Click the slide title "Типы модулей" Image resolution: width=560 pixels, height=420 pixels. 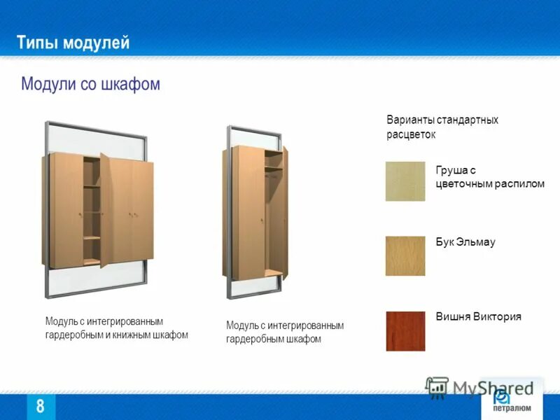pos(73,43)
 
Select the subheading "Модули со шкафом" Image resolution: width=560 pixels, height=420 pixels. pos(90,85)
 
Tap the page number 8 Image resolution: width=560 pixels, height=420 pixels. pos(40,406)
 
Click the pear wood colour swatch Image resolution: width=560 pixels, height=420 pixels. pos(405,181)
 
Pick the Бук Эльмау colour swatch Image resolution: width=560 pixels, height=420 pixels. pos(405,255)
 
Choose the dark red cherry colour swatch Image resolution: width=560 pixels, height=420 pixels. pos(405,330)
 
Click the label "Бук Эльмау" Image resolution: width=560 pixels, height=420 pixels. pos(465,242)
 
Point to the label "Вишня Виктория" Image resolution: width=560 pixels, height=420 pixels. pos(478,316)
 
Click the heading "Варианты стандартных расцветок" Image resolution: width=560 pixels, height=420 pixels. pos(442,127)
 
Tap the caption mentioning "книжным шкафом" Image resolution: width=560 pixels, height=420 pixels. pos(117,328)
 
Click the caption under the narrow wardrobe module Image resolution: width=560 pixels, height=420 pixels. pos(285,332)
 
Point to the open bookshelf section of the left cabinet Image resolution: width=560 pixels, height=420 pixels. pos(92,210)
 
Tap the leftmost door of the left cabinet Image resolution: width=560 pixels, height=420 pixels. pos(65,210)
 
